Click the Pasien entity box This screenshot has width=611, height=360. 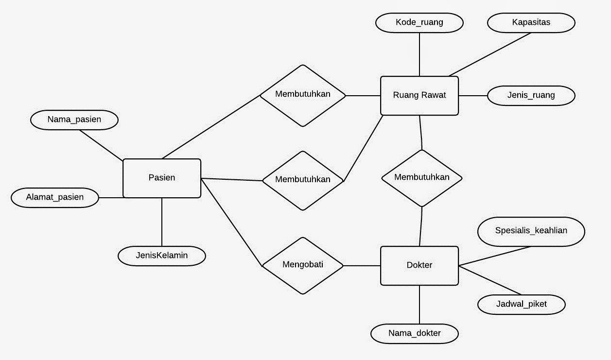tap(162, 178)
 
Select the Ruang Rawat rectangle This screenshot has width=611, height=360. tap(419, 95)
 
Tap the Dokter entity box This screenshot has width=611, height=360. tap(419, 265)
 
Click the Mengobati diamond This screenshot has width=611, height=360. tap(303, 265)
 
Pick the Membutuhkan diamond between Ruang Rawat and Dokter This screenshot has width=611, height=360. tap(421, 178)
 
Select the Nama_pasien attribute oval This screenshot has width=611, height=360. tap(74, 120)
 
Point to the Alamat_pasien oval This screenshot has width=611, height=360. tap(54, 197)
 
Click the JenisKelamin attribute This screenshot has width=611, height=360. tap(162, 255)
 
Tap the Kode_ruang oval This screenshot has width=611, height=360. tap(419, 22)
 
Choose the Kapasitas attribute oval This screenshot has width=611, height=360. tap(531, 22)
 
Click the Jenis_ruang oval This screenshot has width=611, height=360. tap(531, 95)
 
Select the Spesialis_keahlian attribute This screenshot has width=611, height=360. tap(531, 231)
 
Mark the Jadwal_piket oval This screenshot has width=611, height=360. tap(521, 304)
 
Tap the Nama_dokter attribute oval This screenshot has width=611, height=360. tap(414, 333)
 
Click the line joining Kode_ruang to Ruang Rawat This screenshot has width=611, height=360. tap(419, 54)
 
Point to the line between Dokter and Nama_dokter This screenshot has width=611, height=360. tap(419, 305)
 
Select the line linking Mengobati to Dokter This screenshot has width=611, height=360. tap(362, 265)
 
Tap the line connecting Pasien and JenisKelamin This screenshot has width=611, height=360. tap(162, 222)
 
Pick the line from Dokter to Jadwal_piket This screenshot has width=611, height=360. tap(490, 280)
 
